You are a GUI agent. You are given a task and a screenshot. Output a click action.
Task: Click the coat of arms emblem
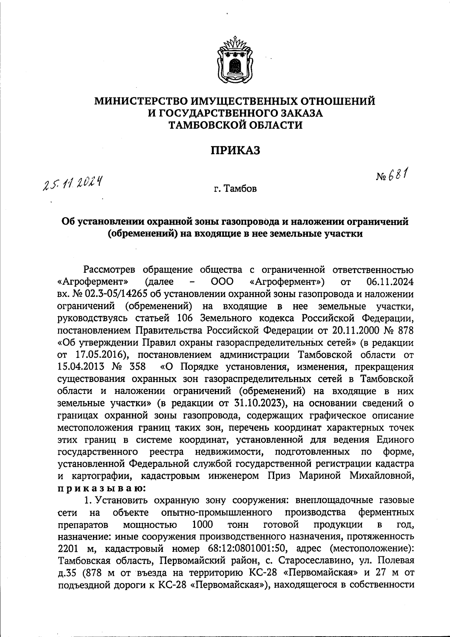[235, 60]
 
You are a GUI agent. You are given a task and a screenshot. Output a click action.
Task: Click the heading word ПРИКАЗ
[235, 151]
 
